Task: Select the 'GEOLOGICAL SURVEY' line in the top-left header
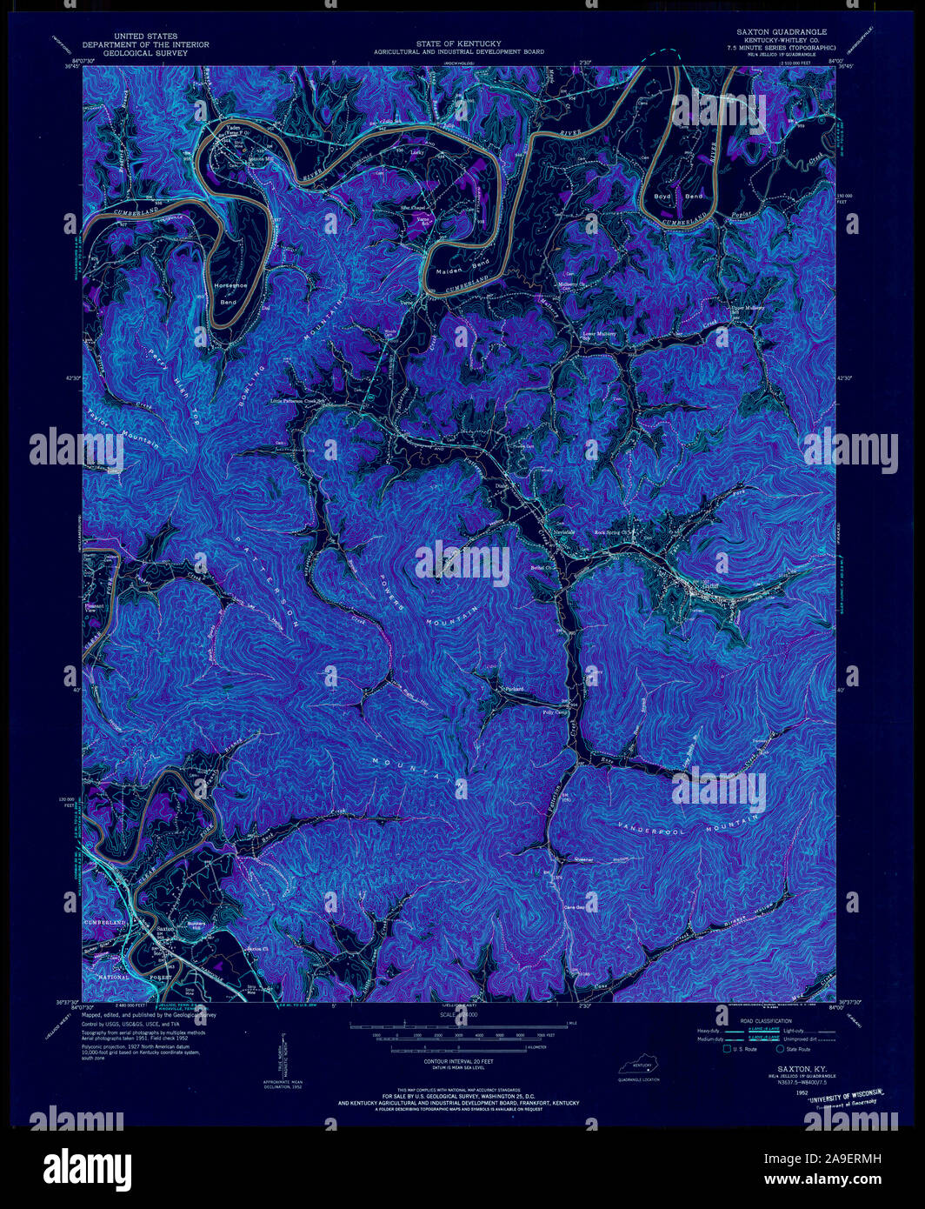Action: pos(129,53)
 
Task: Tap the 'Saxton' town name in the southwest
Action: pos(165,929)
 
